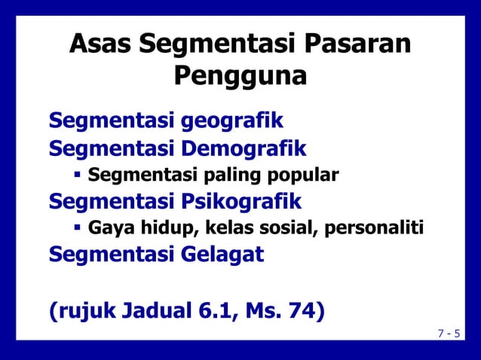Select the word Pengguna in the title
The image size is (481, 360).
point(240,77)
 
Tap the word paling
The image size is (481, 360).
point(231,176)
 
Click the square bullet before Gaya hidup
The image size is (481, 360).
point(77,227)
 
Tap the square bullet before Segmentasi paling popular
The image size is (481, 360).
point(77,175)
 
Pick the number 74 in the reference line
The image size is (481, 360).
point(299,310)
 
